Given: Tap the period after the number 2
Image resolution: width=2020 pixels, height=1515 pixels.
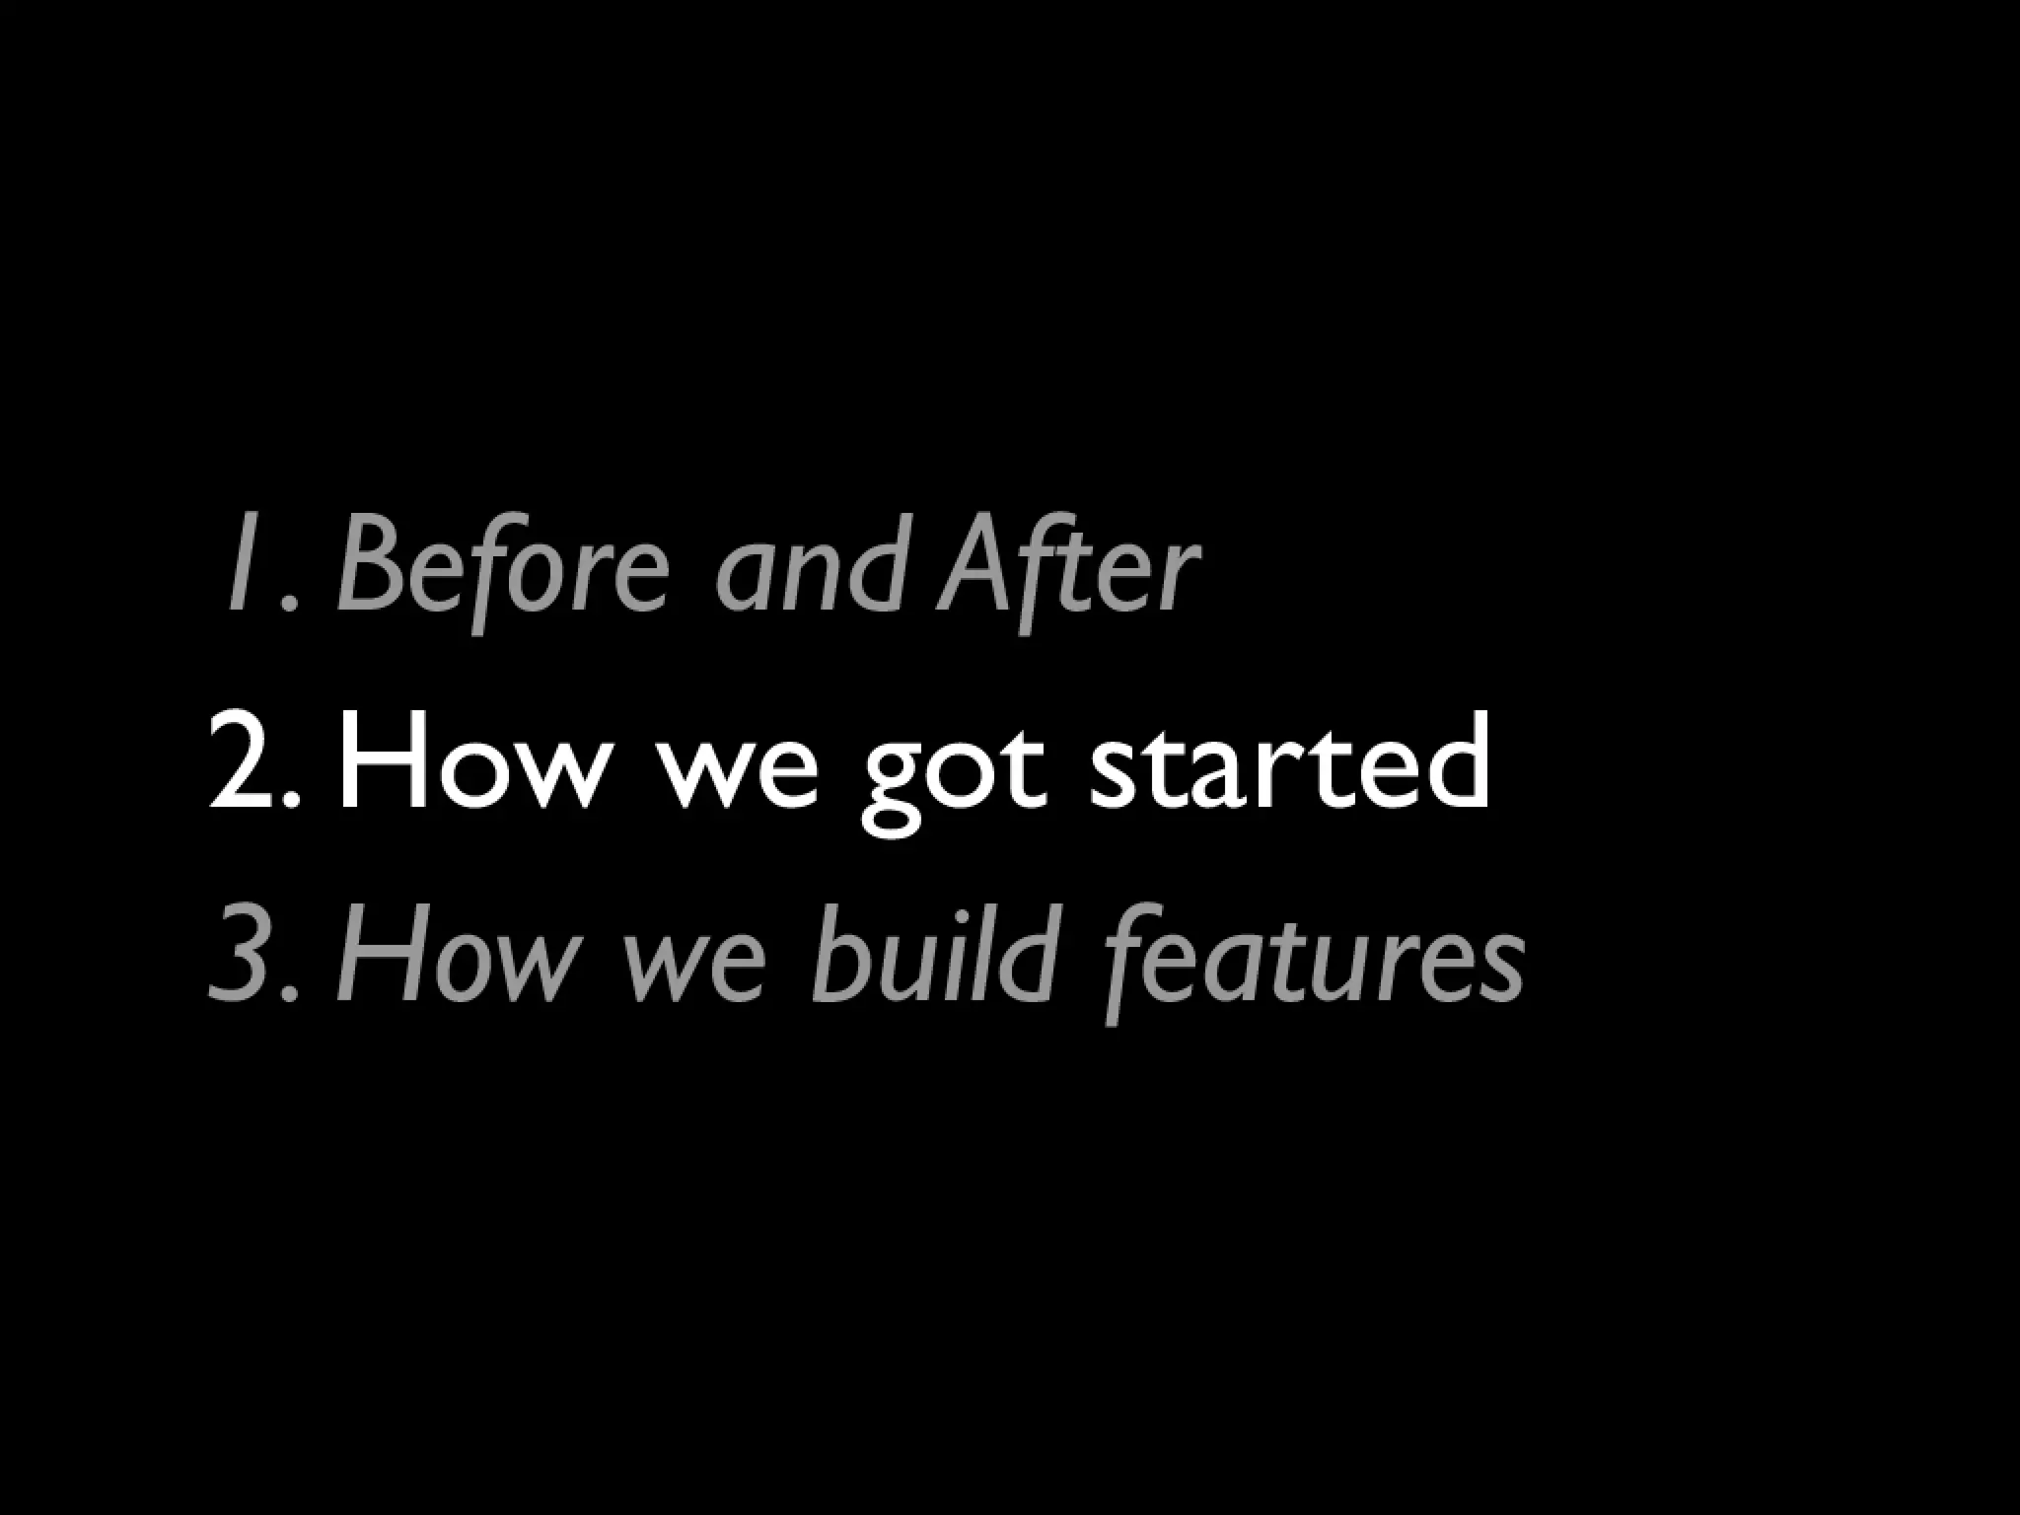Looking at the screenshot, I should pos(290,802).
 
